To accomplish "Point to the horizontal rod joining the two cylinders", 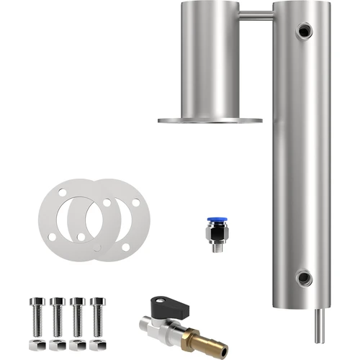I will coord(256,15).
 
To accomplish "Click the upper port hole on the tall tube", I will coord(305,30).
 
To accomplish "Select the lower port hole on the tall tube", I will coord(305,278).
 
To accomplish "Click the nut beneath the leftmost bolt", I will coord(37,334).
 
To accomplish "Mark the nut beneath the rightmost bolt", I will coord(97,334).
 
